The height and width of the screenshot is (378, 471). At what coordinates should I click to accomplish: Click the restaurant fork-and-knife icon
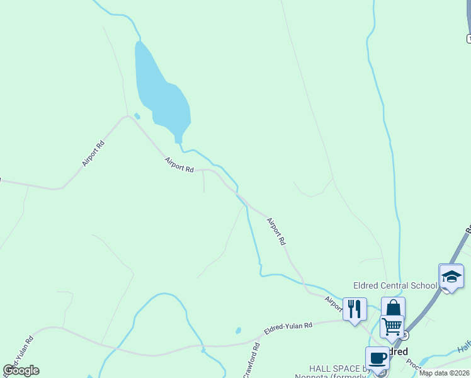(x=355, y=309)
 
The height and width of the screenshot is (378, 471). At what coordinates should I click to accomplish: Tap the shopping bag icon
(x=393, y=308)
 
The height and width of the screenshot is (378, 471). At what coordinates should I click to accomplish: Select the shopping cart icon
(x=392, y=326)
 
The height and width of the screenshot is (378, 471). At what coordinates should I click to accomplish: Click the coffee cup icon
(x=377, y=358)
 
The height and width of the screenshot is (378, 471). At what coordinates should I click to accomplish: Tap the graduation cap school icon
(x=451, y=277)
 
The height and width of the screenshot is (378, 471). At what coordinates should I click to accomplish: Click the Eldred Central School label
(x=395, y=285)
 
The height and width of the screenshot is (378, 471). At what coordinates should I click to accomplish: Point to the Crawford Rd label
(x=251, y=360)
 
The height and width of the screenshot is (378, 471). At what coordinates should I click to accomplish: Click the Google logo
(x=21, y=370)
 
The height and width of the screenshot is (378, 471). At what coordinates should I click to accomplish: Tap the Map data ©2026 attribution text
(x=444, y=373)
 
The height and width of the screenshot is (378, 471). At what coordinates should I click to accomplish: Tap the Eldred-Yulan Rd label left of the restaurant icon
(x=288, y=326)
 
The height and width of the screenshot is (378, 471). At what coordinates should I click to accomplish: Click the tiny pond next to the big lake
(x=137, y=116)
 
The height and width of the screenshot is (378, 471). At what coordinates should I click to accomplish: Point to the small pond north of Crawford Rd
(x=238, y=330)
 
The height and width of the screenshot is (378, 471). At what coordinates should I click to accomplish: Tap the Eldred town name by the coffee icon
(x=397, y=352)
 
